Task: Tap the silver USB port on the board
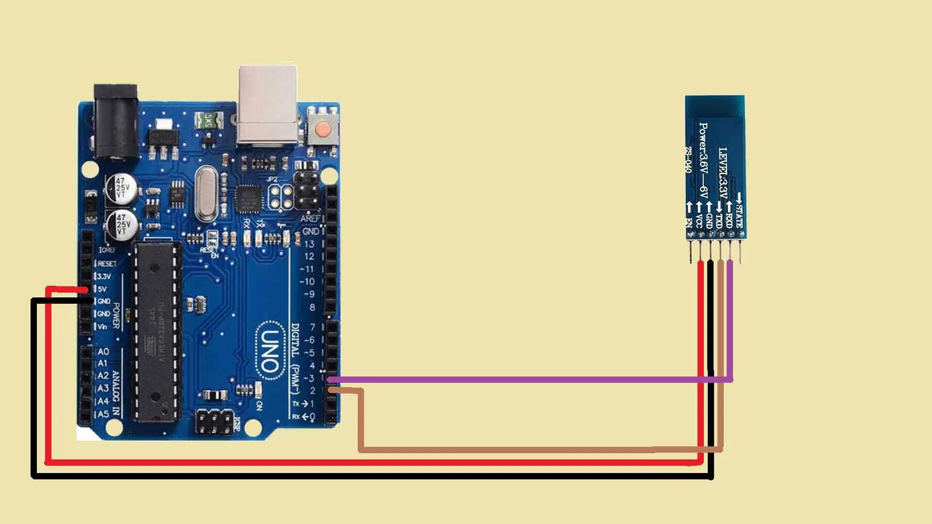[x=267, y=105]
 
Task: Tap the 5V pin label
[x=102, y=289]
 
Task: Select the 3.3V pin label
[x=104, y=277]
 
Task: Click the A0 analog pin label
[x=103, y=351]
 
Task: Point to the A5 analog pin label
[x=103, y=414]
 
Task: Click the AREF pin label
[x=310, y=219]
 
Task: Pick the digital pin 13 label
[x=309, y=244]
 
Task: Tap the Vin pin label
[x=102, y=327]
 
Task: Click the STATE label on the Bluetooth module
[x=739, y=216]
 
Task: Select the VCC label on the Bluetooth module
[x=699, y=221]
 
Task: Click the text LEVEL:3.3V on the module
[x=723, y=173]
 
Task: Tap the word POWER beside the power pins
[x=116, y=316]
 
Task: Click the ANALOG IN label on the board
[x=116, y=393]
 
